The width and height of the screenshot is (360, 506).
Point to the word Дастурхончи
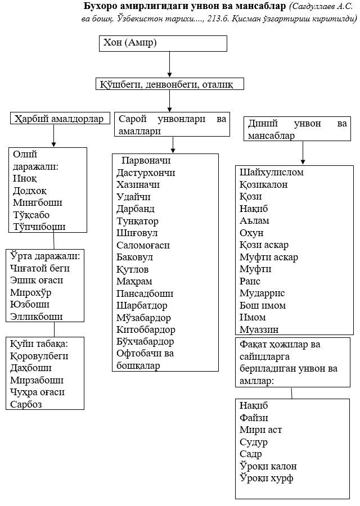coord(146,173)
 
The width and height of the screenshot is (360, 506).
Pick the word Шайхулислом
coord(272,172)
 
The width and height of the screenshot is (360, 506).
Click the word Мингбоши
coord(38,202)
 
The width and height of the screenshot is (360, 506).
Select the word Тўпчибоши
coord(39,227)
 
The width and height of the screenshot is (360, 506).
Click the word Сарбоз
coord(26,404)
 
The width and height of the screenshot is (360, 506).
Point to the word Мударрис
coord(262,293)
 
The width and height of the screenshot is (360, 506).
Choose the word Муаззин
coord(259,329)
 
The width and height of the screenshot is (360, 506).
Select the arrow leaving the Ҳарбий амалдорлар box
coord(53,136)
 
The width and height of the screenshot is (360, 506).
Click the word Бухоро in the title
coord(103,7)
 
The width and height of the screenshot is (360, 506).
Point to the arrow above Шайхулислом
coord(303,153)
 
